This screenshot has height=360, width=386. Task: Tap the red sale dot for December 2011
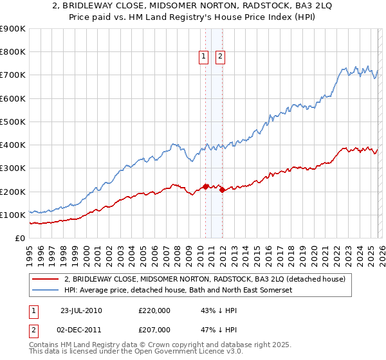click(221, 190)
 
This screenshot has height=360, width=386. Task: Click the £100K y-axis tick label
click(13, 215)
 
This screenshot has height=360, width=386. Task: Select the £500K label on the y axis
click(13, 122)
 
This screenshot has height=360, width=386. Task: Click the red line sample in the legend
click(46, 279)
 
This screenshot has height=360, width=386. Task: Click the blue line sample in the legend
click(46, 290)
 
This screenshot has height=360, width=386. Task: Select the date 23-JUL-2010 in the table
click(81, 310)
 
